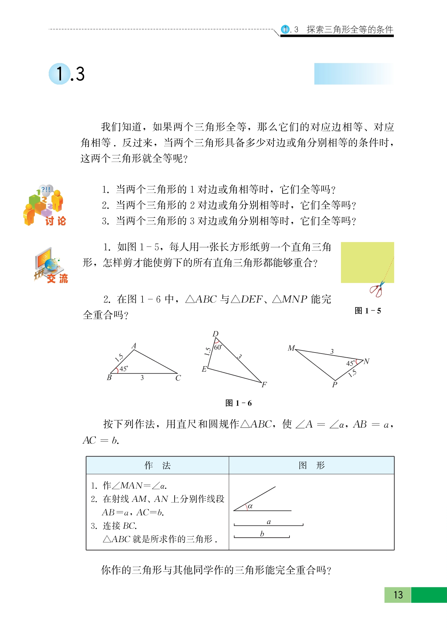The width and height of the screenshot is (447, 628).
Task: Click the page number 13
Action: [398, 595]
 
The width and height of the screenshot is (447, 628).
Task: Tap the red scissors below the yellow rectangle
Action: [376, 290]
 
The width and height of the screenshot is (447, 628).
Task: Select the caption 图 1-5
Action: [368, 311]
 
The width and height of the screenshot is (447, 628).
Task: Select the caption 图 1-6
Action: [238, 403]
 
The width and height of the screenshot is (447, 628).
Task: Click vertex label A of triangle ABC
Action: [134, 346]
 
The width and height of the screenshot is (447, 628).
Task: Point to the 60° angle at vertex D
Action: [218, 347]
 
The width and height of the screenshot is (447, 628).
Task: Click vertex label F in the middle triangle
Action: [264, 385]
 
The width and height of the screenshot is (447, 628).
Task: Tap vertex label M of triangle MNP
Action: [291, 348]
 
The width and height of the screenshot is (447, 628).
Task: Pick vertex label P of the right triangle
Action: [334, 385]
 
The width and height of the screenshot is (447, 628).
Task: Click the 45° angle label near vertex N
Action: [351, 363]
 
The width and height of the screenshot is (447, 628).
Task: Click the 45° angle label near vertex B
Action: [123, 369]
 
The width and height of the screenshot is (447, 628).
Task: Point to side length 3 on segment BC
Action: [142, 378]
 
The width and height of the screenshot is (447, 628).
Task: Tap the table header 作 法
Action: [157, 465]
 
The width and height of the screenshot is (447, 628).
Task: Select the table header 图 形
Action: [311, 465]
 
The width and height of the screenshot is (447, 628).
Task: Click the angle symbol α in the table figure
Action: [250, 506]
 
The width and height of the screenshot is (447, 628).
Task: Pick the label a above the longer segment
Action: [269, 522]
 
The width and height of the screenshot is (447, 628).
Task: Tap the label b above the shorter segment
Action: [262, 534]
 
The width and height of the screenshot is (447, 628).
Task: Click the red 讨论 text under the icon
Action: [56, 221]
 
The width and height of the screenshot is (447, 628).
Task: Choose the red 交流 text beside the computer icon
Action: [57, 279]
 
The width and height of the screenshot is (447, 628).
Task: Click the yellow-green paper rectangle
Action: [367, 262]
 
